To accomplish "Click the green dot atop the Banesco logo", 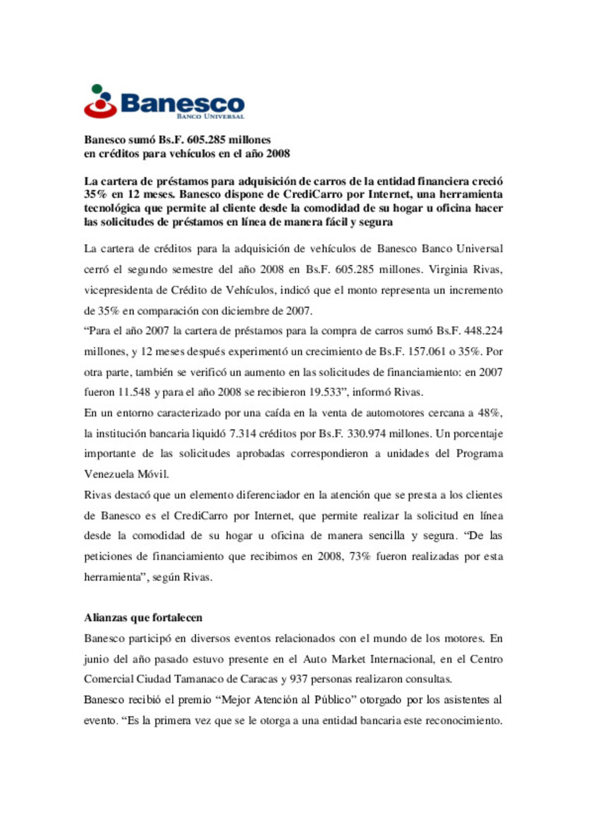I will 97,89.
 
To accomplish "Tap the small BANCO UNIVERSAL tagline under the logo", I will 210,116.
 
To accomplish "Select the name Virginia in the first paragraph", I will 448,269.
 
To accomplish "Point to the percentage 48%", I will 489,413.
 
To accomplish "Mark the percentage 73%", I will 358,557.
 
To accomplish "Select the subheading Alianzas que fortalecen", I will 143,618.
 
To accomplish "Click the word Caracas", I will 259,679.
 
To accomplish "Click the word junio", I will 97,659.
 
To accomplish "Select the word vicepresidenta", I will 118,291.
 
